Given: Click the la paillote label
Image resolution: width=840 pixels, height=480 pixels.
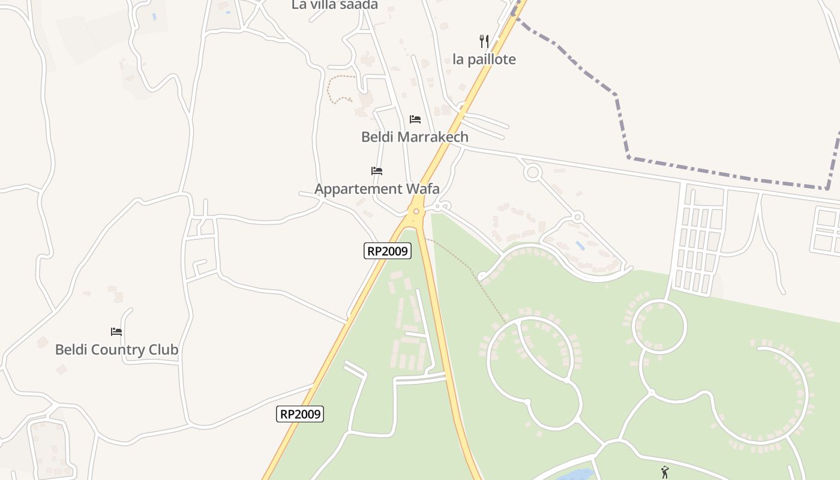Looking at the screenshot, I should click(x=484, y=59).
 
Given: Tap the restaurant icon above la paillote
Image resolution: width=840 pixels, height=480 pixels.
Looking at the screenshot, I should click(x=484, y=41).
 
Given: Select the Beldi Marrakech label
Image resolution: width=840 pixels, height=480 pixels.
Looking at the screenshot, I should click(x=415, y=137).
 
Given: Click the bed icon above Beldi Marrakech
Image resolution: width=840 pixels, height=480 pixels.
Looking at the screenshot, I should click(x=415, y=119).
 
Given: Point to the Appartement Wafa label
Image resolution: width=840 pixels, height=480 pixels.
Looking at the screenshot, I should click(x=377, y=189).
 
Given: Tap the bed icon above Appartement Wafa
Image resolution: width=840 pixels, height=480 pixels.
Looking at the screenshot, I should click(x=377, y=171).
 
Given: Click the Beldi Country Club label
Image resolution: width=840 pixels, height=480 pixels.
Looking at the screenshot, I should click(x=116, y=350).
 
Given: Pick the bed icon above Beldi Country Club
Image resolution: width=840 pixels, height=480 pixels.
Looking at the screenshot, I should click(x=116, y=331).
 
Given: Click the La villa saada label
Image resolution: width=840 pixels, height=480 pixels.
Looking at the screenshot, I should click(x=335, y=5).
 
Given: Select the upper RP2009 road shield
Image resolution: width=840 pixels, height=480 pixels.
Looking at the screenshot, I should click(x=388, y=251).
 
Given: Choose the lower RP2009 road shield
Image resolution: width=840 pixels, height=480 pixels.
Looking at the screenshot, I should click(x=300, y=413).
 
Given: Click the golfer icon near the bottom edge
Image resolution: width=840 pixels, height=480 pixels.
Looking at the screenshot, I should click(x=664, y=472).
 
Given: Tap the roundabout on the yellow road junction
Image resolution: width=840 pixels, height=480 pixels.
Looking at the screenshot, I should click(x=415, y=211).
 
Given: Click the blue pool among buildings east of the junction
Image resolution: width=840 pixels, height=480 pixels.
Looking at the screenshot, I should click(x=580, y=245).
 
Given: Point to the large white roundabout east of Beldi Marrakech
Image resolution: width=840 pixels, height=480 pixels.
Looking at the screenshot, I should click(x=532, y=173).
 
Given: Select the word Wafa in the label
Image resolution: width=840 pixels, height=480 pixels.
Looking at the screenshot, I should click(x=423, y=189).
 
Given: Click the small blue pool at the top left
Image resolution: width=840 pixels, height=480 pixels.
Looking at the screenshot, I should click(x=154, y=16).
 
